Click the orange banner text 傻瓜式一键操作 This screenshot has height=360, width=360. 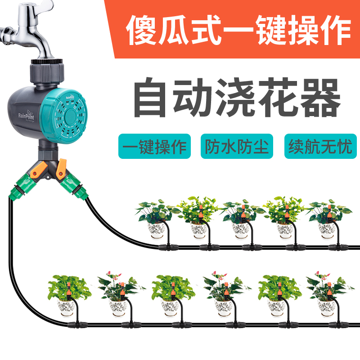coord(238,28)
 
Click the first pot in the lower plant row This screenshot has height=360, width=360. coord(67,308)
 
